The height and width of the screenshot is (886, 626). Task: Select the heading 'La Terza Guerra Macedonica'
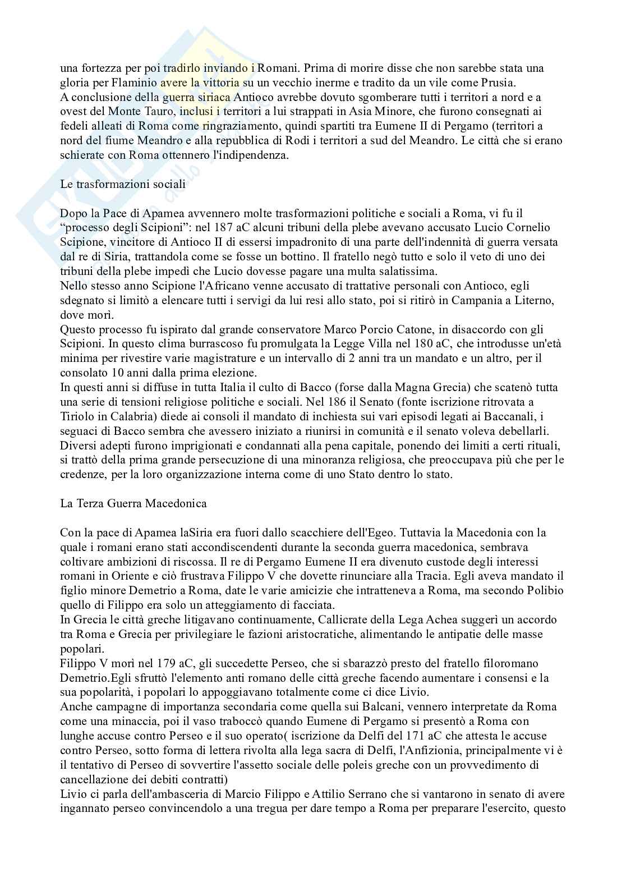click(x=134, y=503)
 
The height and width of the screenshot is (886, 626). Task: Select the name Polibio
click(x=544, y=590)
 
